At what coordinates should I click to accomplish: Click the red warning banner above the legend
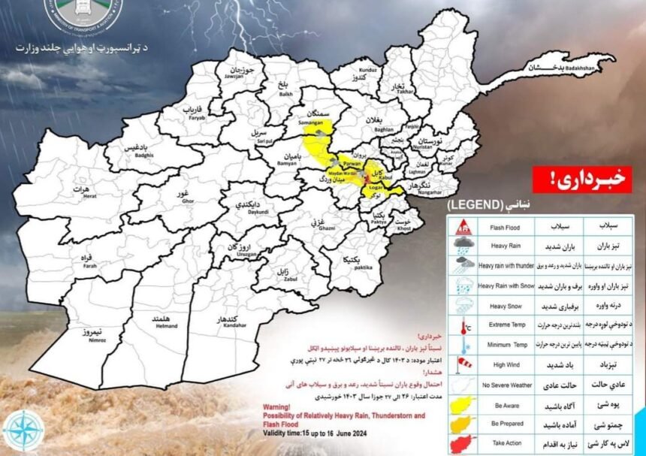[581, 180]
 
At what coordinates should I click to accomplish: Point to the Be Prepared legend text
[507, 424]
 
